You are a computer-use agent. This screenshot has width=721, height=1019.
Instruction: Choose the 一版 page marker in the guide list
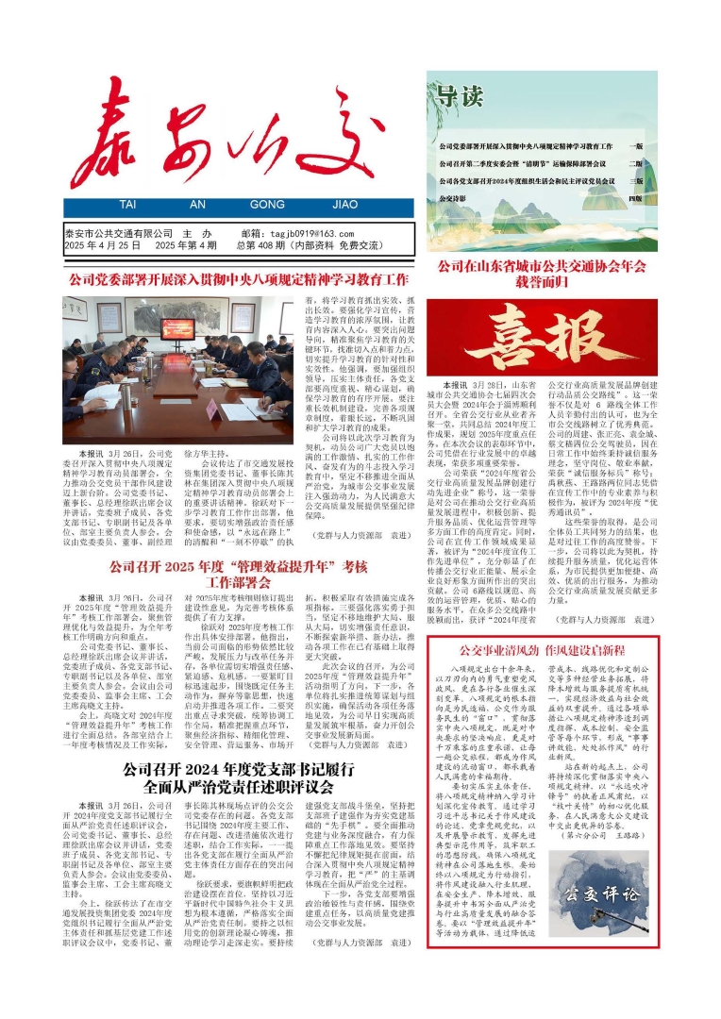coord(637,147)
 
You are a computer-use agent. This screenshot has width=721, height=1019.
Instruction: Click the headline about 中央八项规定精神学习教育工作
coord(238,280)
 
